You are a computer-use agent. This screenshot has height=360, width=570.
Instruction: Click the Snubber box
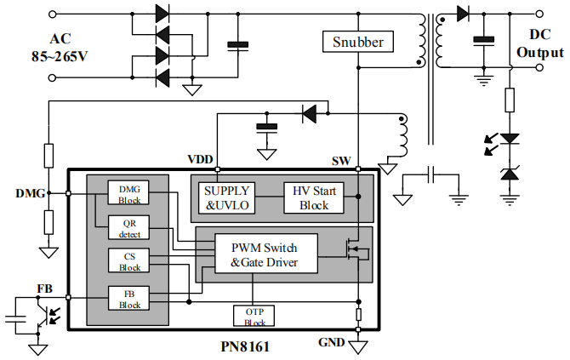(x=357, y=41)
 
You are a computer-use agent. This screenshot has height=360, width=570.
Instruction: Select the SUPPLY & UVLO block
(x=225, y=197)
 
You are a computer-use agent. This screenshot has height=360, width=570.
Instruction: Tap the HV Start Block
(x=314, y=197)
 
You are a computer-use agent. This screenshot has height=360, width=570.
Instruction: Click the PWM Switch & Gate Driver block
(x=264, y=254)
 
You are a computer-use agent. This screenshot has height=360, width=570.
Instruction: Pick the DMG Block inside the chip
(x=129, y=193)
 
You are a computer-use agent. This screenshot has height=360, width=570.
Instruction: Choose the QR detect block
(x=129, y=227)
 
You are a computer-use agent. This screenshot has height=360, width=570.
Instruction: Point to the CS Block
(x=129, y=261)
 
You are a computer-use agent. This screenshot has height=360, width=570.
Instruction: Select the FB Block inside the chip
(x=129, y=298)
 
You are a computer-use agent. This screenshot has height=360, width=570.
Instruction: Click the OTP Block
(x=254, y=315)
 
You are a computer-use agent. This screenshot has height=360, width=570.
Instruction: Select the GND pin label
(x=332, y=343)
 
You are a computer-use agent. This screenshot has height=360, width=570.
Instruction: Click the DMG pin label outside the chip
(x=30, y=193)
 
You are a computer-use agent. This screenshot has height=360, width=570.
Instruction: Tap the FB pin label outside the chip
(x=44, y=289)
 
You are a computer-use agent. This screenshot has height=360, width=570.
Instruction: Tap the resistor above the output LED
(x=510, y=100)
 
